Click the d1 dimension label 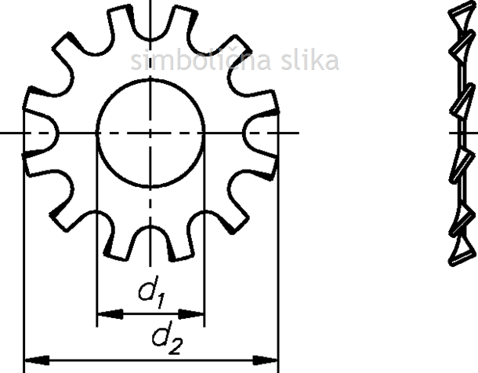tap(152, 291)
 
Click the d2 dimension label tap(167, 337)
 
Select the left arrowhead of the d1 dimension tap(110, 314)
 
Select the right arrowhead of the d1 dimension tap(191, 314)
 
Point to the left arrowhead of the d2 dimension tap(37, 360)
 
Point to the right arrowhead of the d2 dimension tap(265, 360)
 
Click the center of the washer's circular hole tap(150, 133)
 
